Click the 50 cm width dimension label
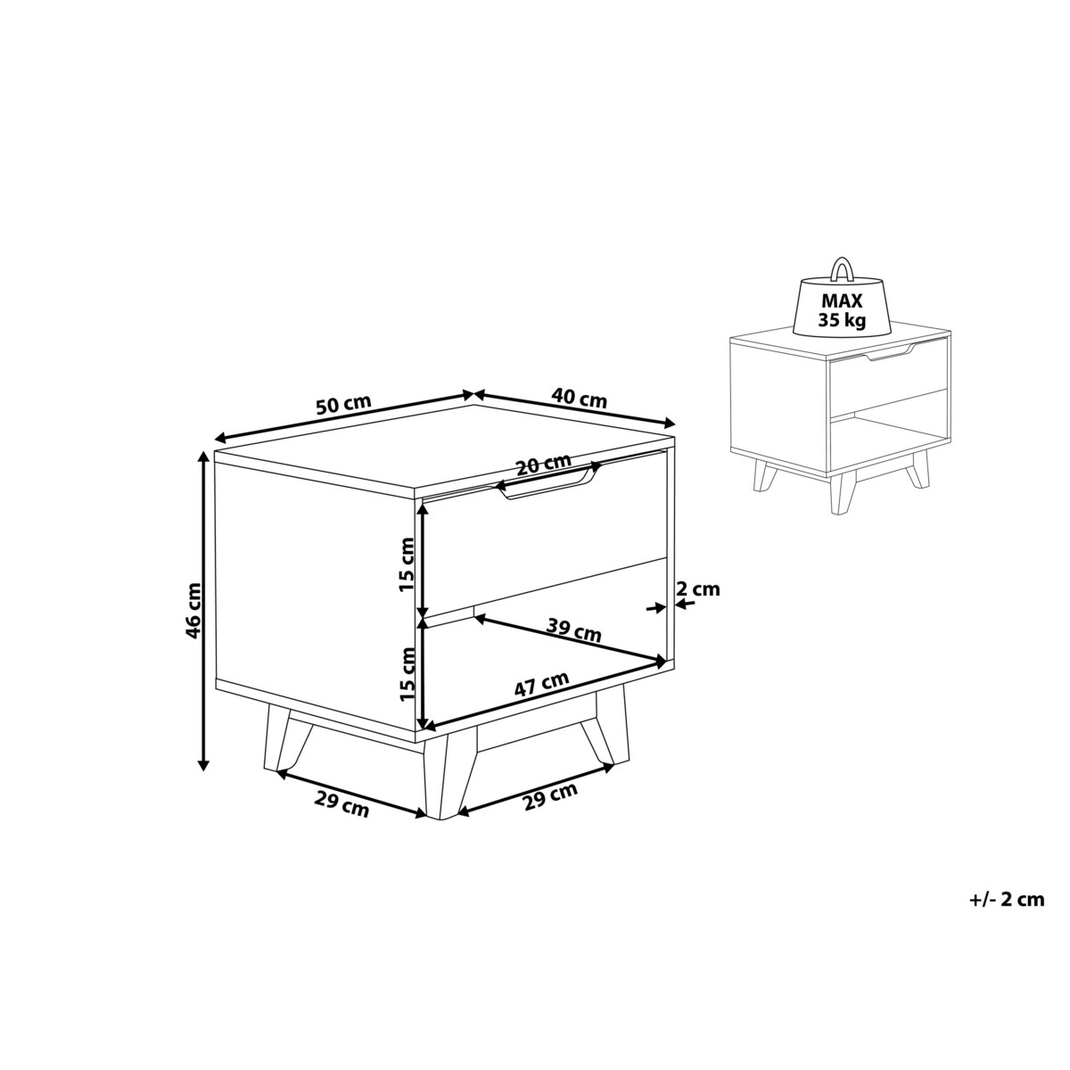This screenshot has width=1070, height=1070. pyautogui.click(x=343, y=405)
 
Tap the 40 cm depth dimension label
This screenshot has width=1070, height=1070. pyautogui.click(x=580, y=398)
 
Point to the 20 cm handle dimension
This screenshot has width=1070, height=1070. pyautogui.click(x=543, y=465)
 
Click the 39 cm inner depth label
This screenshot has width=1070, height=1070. pyautogui.click(x=573, y=630)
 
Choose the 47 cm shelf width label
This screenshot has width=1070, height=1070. pyautogui.click(x=541, y=684)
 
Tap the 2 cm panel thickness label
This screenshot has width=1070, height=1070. pyautogui.click(x=698, y=588)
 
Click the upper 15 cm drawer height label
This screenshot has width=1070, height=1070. pyautogui.click(x=407, y=565)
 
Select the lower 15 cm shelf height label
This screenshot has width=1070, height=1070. pyautogui.click(x=407, y=673)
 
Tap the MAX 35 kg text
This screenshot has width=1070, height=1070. pyautogui.click(x=843, y=310)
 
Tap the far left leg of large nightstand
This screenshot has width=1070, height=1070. pyautogui.click(x=285, y=738)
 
